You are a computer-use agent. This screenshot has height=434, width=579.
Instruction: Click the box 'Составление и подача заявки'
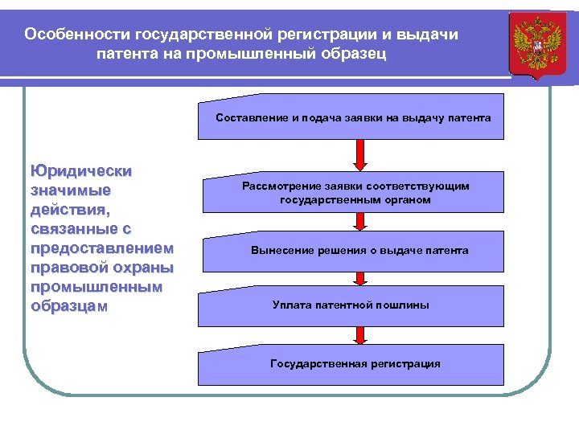pyautogui.click(x=352, y=117)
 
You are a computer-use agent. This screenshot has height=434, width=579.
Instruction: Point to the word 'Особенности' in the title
pyautogui.click(x=77, y=35)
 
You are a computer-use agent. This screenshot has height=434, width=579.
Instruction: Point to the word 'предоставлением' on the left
pyautogui.click(x=101, y=248)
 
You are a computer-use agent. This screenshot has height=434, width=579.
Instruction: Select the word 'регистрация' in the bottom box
pyautogui.click(x=405, y=364)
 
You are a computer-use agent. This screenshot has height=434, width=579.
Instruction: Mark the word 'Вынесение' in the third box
pyautogui.click(x=280, y=251)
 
